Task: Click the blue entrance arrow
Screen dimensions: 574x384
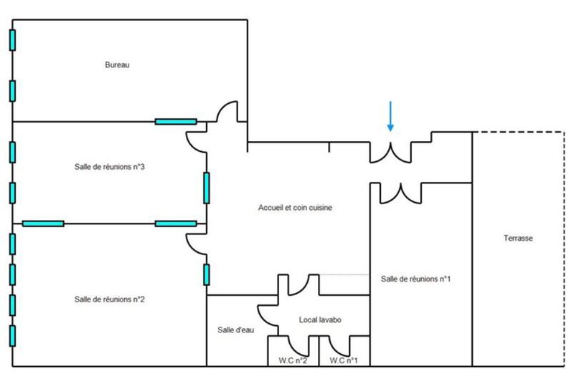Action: pyautogui.click(x=390, y=116)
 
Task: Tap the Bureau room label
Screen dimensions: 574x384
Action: pyautogui.click(x=117, y=65)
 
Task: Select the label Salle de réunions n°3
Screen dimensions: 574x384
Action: pyautogui.click(x=110, y=167)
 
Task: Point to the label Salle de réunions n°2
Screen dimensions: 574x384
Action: pyautogui.click(x=110, y=299)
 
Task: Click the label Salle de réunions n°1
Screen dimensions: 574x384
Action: pyautogui.click(x=415, y=279)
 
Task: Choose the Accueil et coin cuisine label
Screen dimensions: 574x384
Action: pyautogui.click(x=295, y=208)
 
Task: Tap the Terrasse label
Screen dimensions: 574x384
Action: pyautogui.click(x=518, y=239)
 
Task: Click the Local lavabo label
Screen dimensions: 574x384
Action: pyautogui.click(x=320, y=320)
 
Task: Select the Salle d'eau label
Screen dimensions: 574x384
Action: pyautogui.click(x=235, y=330)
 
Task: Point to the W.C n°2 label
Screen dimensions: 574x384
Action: pyautogui.click(x=293, y=360)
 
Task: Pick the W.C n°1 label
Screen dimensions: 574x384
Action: pyautogui.click(x=344, y=360)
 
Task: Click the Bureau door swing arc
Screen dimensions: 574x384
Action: pyautogui.click(x=224, y=107)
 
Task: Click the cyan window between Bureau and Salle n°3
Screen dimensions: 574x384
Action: pyautogui.click(x=176, y=122)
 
